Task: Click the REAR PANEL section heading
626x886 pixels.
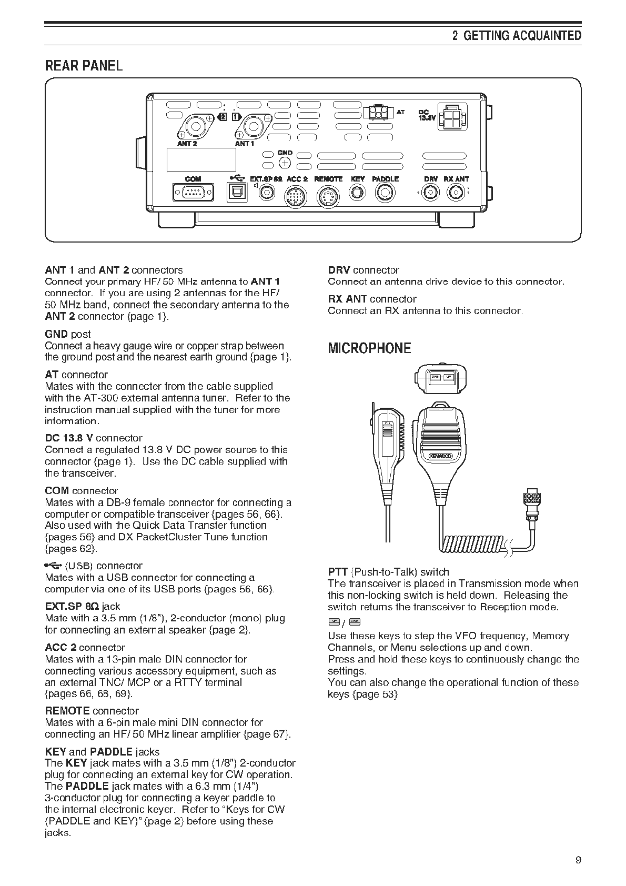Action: point(84,66)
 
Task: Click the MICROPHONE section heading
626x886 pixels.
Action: point(369,348)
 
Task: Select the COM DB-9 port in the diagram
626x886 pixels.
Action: point(193,193)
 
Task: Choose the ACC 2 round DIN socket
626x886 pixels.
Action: point(295,197)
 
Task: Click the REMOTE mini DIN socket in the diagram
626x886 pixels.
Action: point(327,198)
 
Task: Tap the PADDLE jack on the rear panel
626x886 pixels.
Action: point(385,194)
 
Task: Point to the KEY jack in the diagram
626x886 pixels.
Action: point(358,193)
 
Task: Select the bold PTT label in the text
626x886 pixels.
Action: point(337,572)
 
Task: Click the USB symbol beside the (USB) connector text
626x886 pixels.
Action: point(53,566)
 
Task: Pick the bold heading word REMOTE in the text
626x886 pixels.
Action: point(67,711)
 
